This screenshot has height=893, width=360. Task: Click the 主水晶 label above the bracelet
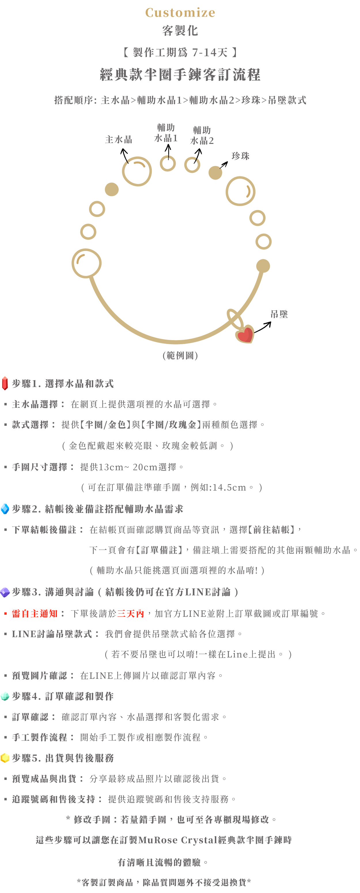[x=119, y=140]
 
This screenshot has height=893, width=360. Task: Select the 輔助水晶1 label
[x=166, y=133]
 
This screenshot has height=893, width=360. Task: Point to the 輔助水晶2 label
[x=202, y=136]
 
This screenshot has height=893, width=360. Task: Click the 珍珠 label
[x=240, y=156]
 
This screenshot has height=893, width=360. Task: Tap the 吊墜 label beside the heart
[x=279, y=315]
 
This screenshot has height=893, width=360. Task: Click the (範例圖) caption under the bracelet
[x=180, y=356]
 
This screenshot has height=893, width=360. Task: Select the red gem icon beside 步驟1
[x=5, y=383]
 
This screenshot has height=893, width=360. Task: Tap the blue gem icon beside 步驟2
[x=5, y=509]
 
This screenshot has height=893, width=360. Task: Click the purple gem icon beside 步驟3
[x=5, y=592]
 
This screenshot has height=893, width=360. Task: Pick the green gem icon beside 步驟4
[x=5, y=696]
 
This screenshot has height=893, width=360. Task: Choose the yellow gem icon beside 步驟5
[x=5, y=758]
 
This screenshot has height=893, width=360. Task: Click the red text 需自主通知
[x=35, y=614]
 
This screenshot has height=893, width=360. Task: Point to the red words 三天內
[x=130, y=614]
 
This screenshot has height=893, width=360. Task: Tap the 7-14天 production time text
[x=210, y=53]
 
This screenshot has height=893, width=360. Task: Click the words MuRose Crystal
[x=178, y=840]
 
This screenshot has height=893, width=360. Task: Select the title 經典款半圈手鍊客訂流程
[x=180, y=75]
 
